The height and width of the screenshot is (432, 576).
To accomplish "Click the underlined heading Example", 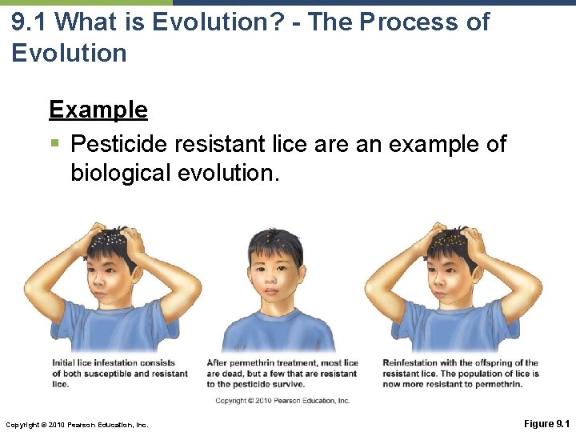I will coord(98,109).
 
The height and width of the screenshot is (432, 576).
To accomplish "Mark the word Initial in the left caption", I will coord(66,363).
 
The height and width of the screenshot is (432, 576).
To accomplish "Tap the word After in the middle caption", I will coord(218,363).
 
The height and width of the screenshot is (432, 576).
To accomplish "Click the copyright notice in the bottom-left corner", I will coord(77,424).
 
